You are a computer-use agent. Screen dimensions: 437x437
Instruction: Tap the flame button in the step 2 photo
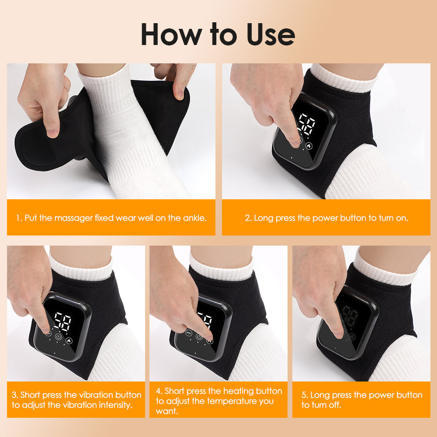309,146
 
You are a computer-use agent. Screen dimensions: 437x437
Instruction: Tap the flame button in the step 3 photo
69,339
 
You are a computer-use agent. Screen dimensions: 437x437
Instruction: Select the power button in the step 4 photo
200,337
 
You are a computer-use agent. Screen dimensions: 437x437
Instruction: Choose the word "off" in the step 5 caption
334,405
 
